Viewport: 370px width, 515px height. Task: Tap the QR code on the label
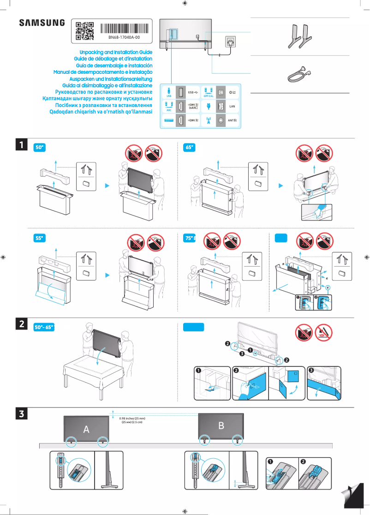tap(84, 30)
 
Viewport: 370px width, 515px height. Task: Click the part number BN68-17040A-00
tap(124, 37)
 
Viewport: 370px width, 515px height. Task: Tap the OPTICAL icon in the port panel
tap(208, 92)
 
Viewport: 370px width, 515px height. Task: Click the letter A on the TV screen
tap(86, 429)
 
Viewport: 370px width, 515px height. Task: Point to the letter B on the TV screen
tap(221, 425)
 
